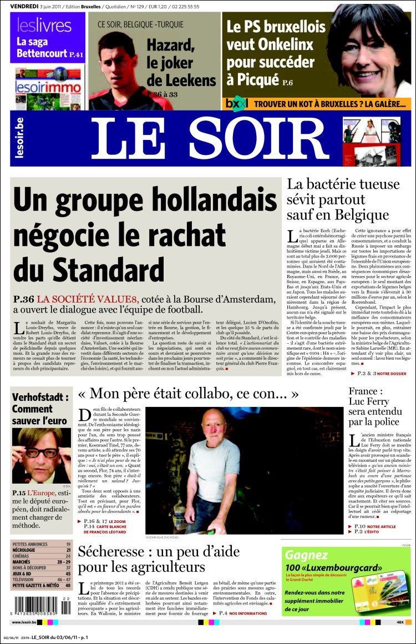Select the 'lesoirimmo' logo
[48, 87]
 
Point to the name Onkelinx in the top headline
[278, 44]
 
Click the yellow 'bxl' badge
[237, 103]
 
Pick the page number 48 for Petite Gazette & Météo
[68, 585]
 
